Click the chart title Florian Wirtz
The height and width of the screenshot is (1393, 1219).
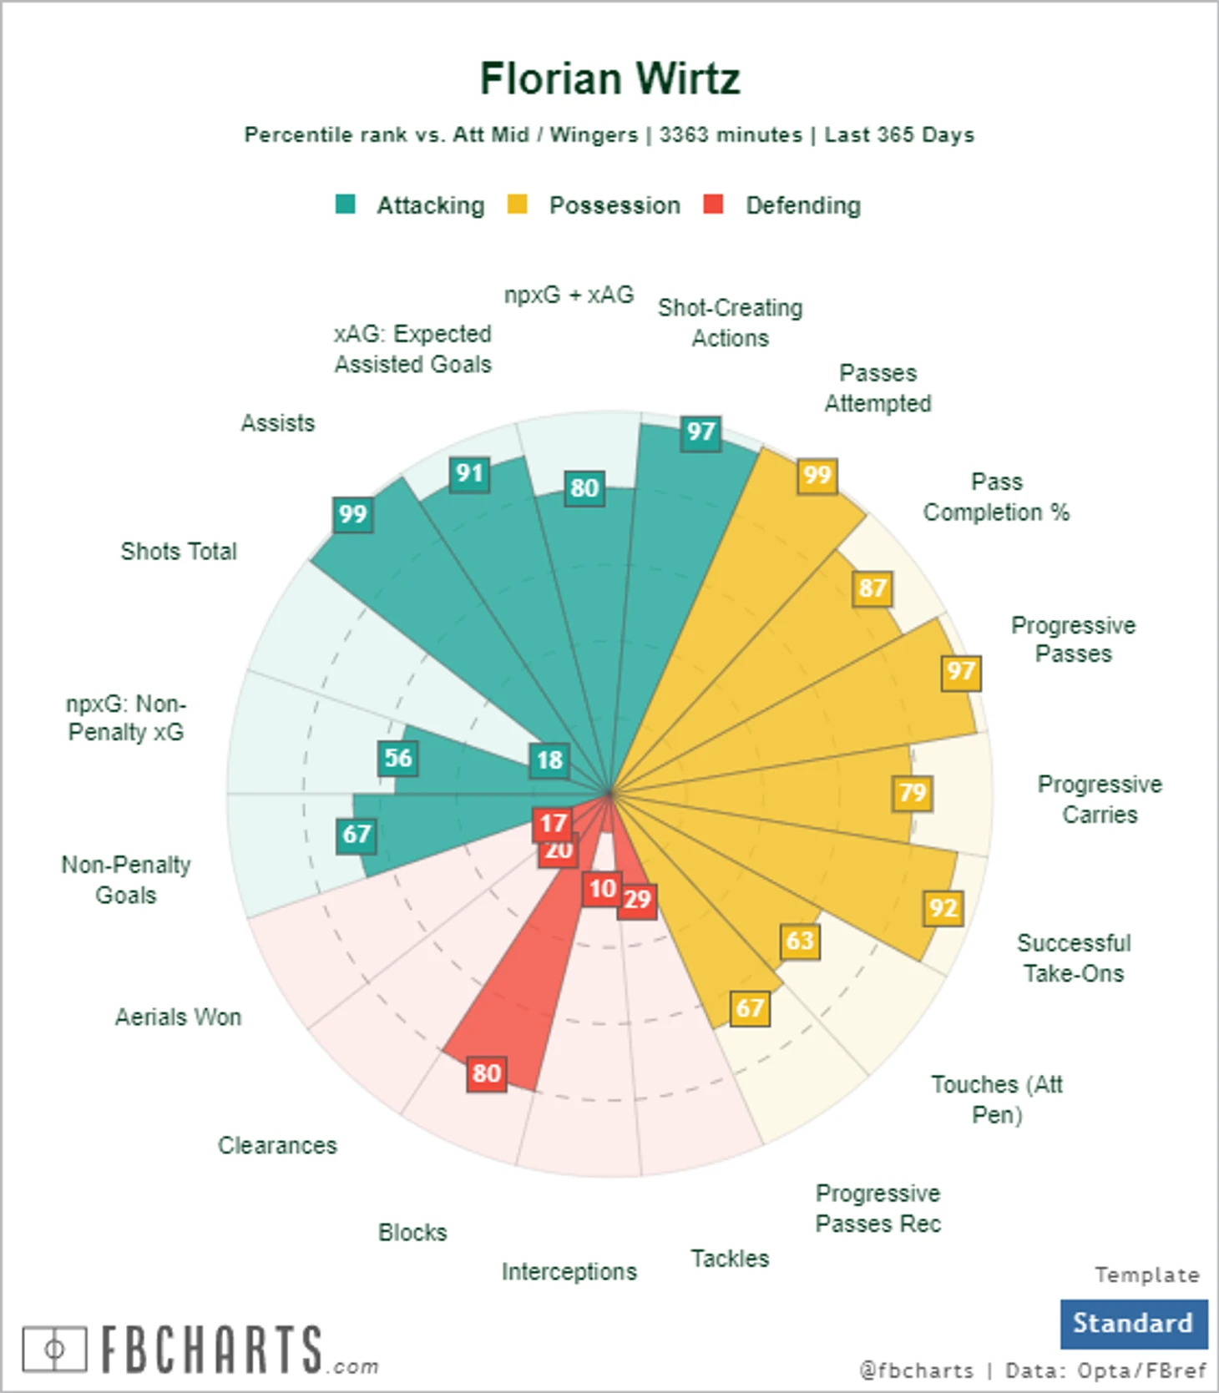click(609, 79)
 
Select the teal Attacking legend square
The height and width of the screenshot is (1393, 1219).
click(345, 204)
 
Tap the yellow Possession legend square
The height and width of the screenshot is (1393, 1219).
click(518, 204)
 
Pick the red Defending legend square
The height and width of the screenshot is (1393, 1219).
click(713, 204)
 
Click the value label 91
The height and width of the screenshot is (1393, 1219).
click(469, 474)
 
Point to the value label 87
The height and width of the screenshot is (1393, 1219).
click(873, 588)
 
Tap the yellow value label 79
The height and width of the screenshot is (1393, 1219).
click(913, 792)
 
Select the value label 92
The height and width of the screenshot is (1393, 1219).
click(943, 908)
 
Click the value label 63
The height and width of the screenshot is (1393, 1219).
click(800, 941)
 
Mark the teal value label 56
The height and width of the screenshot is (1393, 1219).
click(397, 758)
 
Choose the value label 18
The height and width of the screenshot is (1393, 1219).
click(549, 760)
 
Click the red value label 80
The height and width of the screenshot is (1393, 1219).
click(487, 1073)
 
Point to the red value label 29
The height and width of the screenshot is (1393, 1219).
click(638, 900)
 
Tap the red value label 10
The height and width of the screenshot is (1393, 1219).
click(602, 889)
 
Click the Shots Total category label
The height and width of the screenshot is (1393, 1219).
click(179, 552)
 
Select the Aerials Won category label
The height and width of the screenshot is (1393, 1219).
click(178, 1017)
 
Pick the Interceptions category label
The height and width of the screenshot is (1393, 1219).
click(569, 1272)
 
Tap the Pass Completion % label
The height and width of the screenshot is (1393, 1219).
click(996, 497)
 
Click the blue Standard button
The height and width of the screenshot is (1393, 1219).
click(1133, 1324)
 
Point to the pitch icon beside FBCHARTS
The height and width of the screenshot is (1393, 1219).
click(54, 1349)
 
